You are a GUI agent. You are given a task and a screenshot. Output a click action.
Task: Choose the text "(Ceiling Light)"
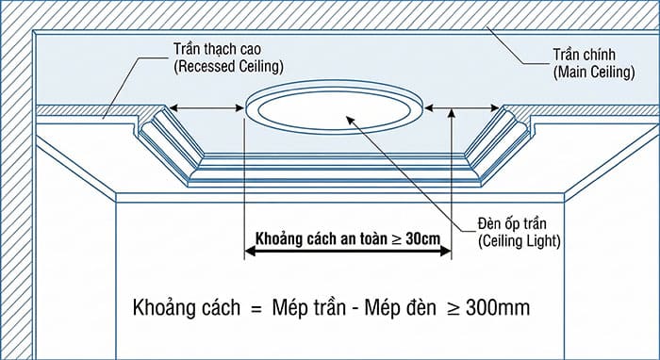(x=520, y=241)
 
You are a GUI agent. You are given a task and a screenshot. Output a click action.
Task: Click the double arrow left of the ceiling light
(x=208, y=110)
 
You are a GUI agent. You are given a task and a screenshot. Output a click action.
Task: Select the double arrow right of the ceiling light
(x=458, y=110)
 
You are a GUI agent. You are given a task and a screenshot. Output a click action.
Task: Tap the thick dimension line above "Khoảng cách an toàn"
(x=348, y=253)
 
